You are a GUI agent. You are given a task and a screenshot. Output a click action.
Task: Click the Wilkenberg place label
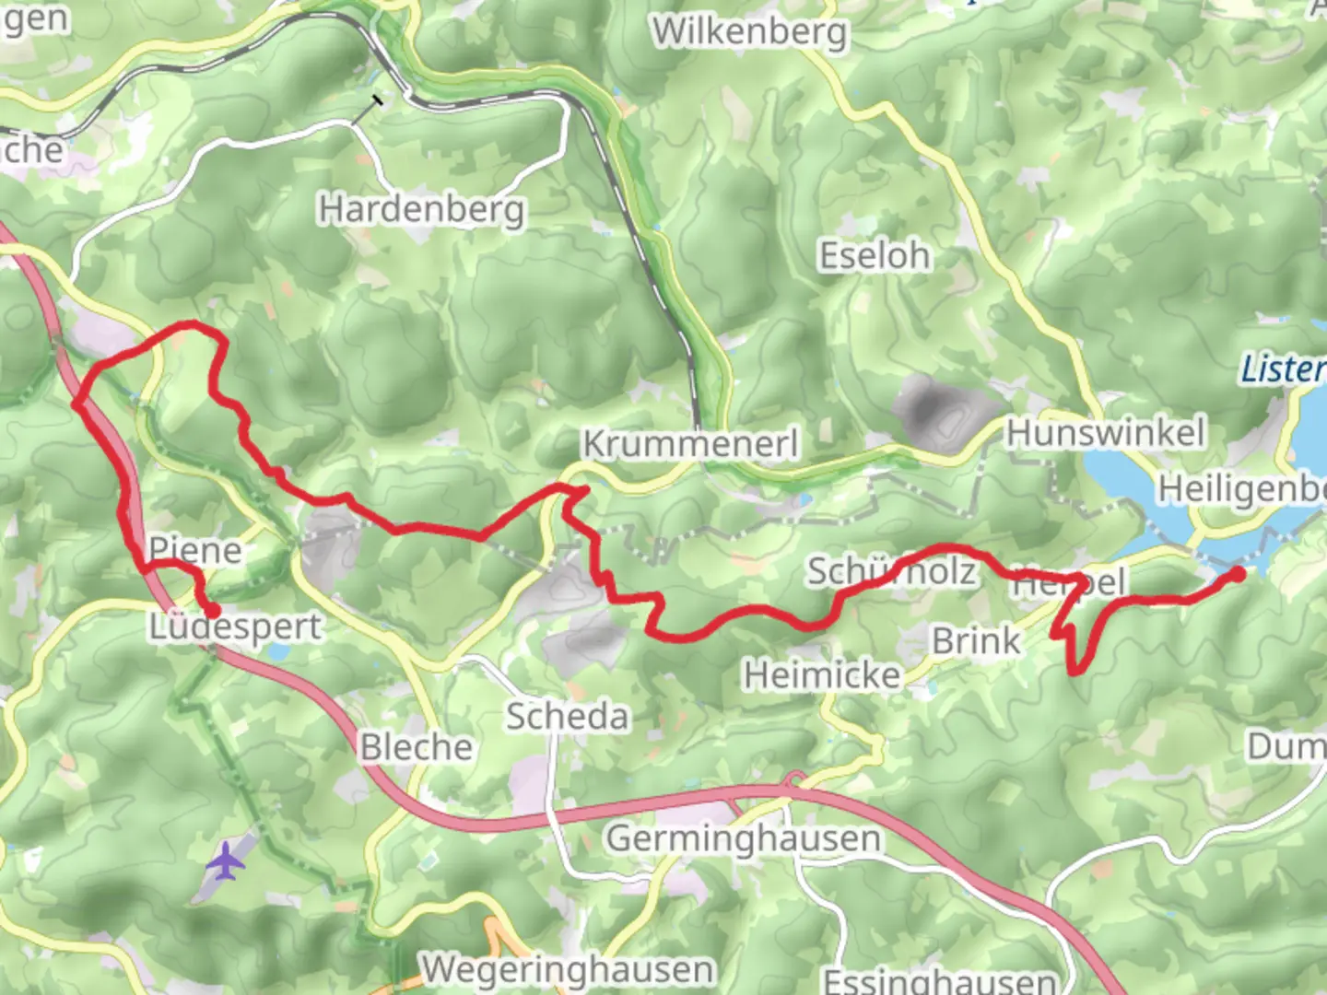click(749, 32)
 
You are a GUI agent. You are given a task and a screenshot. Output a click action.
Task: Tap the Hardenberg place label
click(422, 210)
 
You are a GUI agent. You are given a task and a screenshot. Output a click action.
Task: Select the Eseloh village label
click(875, 255)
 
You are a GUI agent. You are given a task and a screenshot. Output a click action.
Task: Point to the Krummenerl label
click(690, 444)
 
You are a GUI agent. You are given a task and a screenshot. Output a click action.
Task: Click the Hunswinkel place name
click(1105, 432)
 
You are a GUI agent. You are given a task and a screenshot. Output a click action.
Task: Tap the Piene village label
click(195, 550)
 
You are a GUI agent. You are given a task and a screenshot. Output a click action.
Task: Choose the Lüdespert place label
click(236, 627)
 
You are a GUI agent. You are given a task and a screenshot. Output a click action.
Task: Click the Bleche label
click(416, 747)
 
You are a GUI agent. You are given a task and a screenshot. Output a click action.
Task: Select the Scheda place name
click(568, 716)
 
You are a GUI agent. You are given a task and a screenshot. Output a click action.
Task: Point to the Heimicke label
click(822, 676)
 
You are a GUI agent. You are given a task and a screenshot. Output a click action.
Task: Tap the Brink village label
click(976, 640)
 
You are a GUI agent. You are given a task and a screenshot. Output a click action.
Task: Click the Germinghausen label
click(743, 838)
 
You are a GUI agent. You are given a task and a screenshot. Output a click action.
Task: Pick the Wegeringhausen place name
click(568, 969)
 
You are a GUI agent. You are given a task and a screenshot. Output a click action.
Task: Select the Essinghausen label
click(939, 980)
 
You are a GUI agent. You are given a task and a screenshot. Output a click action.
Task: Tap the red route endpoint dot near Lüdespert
click(212, 610)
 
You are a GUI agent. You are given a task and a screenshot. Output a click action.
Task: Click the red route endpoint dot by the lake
click(1239, 574)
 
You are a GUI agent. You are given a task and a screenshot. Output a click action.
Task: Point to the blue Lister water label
click(1282, 369)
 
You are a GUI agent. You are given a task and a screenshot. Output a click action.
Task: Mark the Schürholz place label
click(891, 572)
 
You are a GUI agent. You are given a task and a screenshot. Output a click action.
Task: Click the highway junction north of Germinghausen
click(793, 783)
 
